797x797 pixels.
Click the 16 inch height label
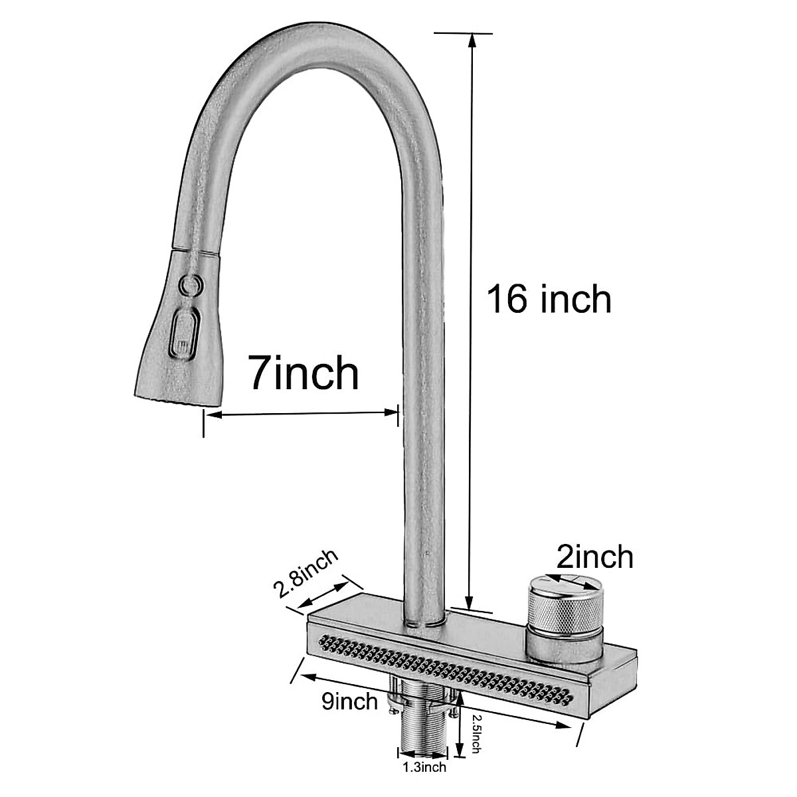549,299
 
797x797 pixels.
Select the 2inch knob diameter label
594,557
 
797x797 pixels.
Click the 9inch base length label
349,701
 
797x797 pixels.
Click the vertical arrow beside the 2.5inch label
460,727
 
